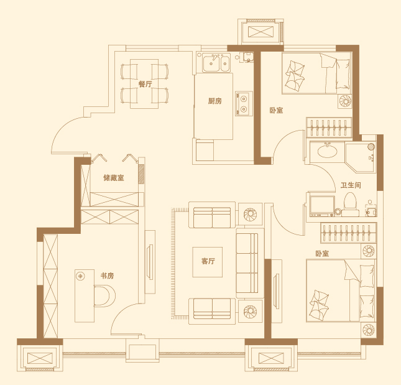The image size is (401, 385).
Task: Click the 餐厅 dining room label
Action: point(145,84)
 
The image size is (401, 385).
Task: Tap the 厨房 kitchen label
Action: point(214,101)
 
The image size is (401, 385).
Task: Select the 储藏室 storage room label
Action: point(114,177)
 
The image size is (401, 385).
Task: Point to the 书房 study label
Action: point(107,276)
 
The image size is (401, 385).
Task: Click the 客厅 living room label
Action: point(208,261)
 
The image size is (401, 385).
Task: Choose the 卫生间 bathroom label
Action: point(351,185)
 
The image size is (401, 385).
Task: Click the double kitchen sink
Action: point(216,63)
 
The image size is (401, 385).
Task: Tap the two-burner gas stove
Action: point(244,103)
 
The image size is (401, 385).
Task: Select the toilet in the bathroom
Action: point(350,205)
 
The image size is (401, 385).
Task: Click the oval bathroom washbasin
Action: point(328,151)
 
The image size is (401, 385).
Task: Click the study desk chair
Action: point(104,296)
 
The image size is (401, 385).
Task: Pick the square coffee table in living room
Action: point(208,262)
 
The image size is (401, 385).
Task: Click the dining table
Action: point(144,84)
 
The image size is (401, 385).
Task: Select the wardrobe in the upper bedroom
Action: point(329,128)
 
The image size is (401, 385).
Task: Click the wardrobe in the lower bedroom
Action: point(349,233)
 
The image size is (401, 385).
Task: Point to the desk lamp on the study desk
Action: point(81,276)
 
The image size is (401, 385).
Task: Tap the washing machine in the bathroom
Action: point(322,206)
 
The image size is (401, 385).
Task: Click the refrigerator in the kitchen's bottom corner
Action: point(205,150)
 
